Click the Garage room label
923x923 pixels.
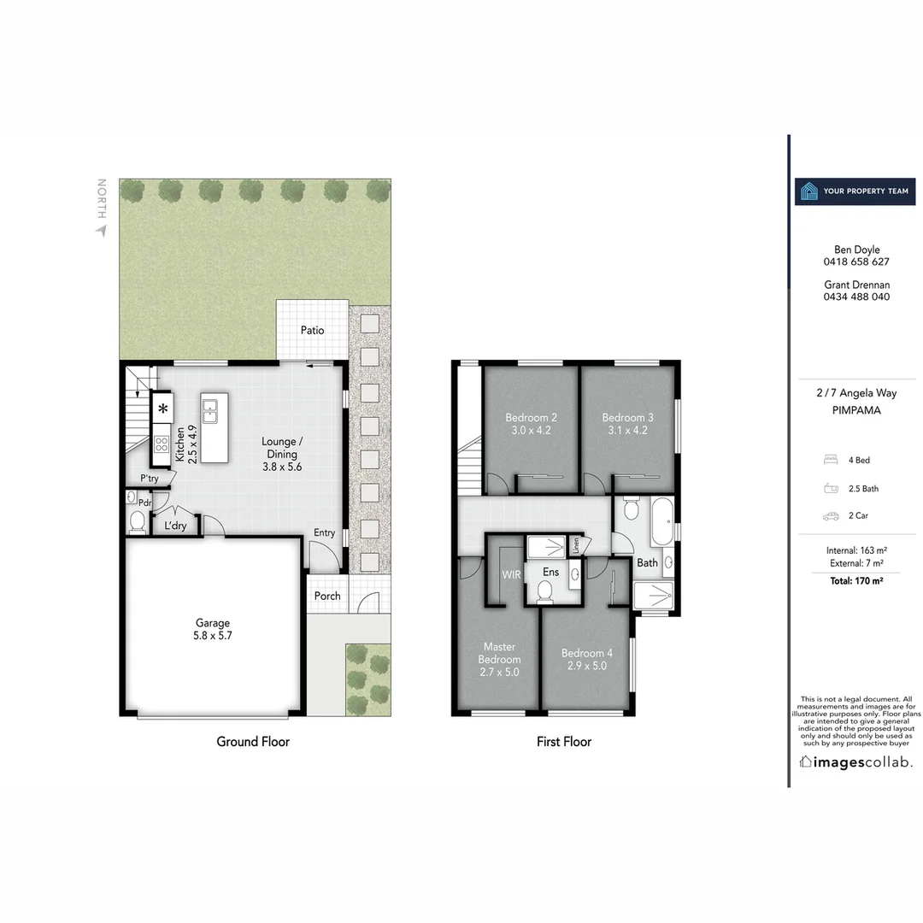(x=212, y=623)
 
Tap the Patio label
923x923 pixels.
(x=312, y=330)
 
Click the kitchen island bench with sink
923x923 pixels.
(x=215, y=428)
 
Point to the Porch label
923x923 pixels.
(x=327, y=596)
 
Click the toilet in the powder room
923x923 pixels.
(x=137, y=521)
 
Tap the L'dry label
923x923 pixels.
(x=175, y=526)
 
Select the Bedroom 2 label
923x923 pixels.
(x=531, y=417)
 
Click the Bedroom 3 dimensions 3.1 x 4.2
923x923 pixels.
(x=628, y=430)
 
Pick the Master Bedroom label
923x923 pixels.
(x=500, y=653)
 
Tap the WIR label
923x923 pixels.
(x=511, y=575)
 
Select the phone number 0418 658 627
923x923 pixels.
(x=856, y=262)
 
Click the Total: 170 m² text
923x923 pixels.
(x=855, y=581)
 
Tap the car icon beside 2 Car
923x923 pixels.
(x=830, y=516)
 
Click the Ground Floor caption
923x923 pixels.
(x=253, y=741)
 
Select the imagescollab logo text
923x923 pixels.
(x=855, y=761)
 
